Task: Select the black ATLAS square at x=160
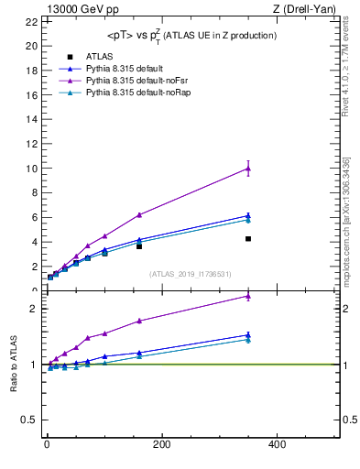[139, 246]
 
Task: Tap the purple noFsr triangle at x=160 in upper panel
[139, 214]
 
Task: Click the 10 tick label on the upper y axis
[33, 169]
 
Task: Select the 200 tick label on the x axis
[161, 444]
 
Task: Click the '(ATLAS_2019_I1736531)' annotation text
[191, 273]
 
